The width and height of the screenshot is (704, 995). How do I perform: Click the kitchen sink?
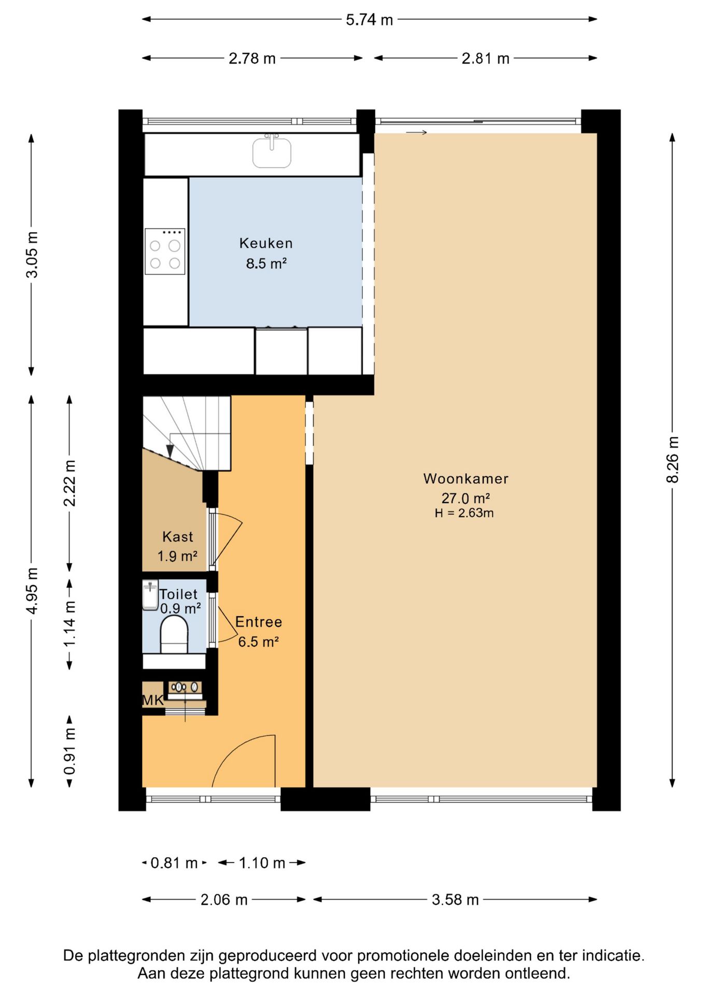click(x=272, y=151)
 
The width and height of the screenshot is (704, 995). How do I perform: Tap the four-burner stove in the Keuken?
click(x=165, y=251)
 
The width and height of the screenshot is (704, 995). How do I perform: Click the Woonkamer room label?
click(x=466, y=478)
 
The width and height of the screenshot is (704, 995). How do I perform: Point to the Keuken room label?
click(x=266, y=243)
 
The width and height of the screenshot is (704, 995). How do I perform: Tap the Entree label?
click(x=259, y=622)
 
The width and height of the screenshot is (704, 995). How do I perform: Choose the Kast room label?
click(x=178, y=536)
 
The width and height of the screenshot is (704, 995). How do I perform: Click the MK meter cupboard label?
click(x=153, y=700)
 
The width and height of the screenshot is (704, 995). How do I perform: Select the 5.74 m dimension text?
click(x=370, y=20)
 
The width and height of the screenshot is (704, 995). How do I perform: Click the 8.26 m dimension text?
click(x=672, y=460)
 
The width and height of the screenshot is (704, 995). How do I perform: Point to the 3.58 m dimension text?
click(x=455, y=899)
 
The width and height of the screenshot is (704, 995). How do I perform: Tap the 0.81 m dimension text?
click(x=174, y=863)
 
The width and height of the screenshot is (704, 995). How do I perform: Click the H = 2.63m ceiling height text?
click(x=464, y=513)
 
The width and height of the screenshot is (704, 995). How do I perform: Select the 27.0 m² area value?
click(x=466, y=498)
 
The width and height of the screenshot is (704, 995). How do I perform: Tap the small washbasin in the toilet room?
click(x=150, y=595)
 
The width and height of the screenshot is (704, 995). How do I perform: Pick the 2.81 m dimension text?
click(x=486, y=58)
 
